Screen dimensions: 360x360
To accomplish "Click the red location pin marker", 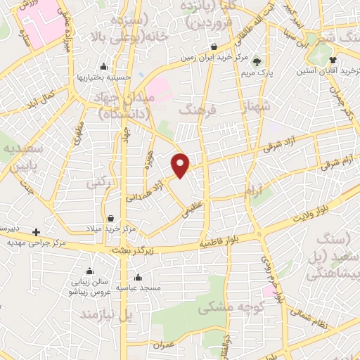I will (181, 164).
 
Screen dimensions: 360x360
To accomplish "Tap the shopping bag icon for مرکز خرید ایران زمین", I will (213, 48).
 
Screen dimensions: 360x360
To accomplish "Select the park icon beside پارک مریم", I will (256, 62).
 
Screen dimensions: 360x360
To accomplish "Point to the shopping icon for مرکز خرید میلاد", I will (112, 218).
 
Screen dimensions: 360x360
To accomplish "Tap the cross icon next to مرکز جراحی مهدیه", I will (37, 231).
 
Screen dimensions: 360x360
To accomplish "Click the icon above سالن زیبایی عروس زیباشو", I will (90, 271).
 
